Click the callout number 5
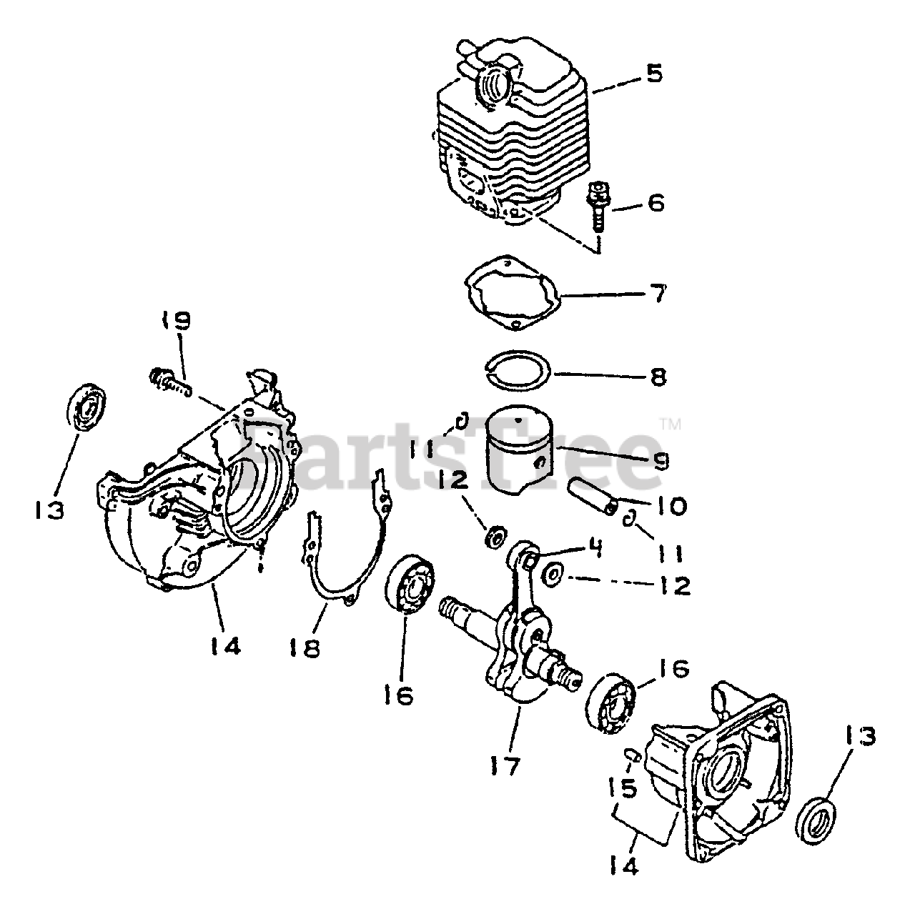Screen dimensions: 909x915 (655, 74)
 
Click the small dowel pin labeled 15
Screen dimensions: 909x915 (632, 755)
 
